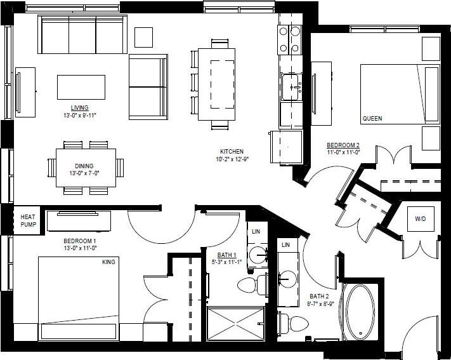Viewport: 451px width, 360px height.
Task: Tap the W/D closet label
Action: pyautogui.click(x=421, y=219)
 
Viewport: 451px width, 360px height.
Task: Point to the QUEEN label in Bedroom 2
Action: pyautogui.click(x=372, y=119)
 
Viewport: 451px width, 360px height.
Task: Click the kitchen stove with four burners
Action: pyautogui.click(x=289, y=39)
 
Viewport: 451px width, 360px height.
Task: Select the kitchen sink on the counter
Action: pyautogui.click(x=291, y=85)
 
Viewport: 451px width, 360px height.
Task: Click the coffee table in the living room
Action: pyautogui.click(x=81, y=86)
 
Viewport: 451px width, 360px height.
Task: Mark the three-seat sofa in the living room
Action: pyautogui.click(x=82, y=34)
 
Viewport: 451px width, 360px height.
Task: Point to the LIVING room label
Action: pyautogui.click(x=80, y=107)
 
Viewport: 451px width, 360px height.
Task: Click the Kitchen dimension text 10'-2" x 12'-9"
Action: pyautogui.click(x=232, y=159)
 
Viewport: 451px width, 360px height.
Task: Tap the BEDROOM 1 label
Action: pyautogui.click(x=79, y=241)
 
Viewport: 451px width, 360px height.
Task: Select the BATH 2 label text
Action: pyautogui.click(x=318, y=296)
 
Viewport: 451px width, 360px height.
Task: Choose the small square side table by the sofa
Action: pyautogui.click(x=143, y=36)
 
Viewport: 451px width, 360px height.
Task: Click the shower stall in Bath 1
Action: pyautogui.click(x=235, y=324)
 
